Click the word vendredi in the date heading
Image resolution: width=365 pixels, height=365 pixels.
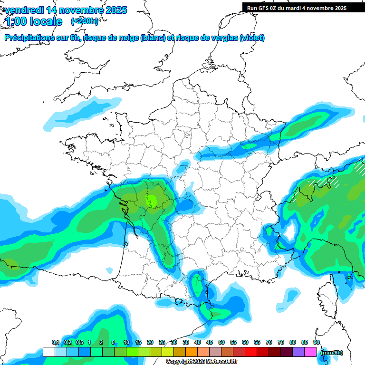pos(24,10)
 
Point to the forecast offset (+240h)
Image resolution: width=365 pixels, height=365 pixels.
pos(85,21)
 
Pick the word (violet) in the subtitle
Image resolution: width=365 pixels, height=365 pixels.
pos(252,38)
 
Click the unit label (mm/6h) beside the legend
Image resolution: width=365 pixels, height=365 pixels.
pos(331,353)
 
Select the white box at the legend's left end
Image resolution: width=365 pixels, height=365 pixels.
pos(48,352)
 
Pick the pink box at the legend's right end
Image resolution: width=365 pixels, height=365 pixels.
pos(310,352)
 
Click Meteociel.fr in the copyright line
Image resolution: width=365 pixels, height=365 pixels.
pos(222,362)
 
